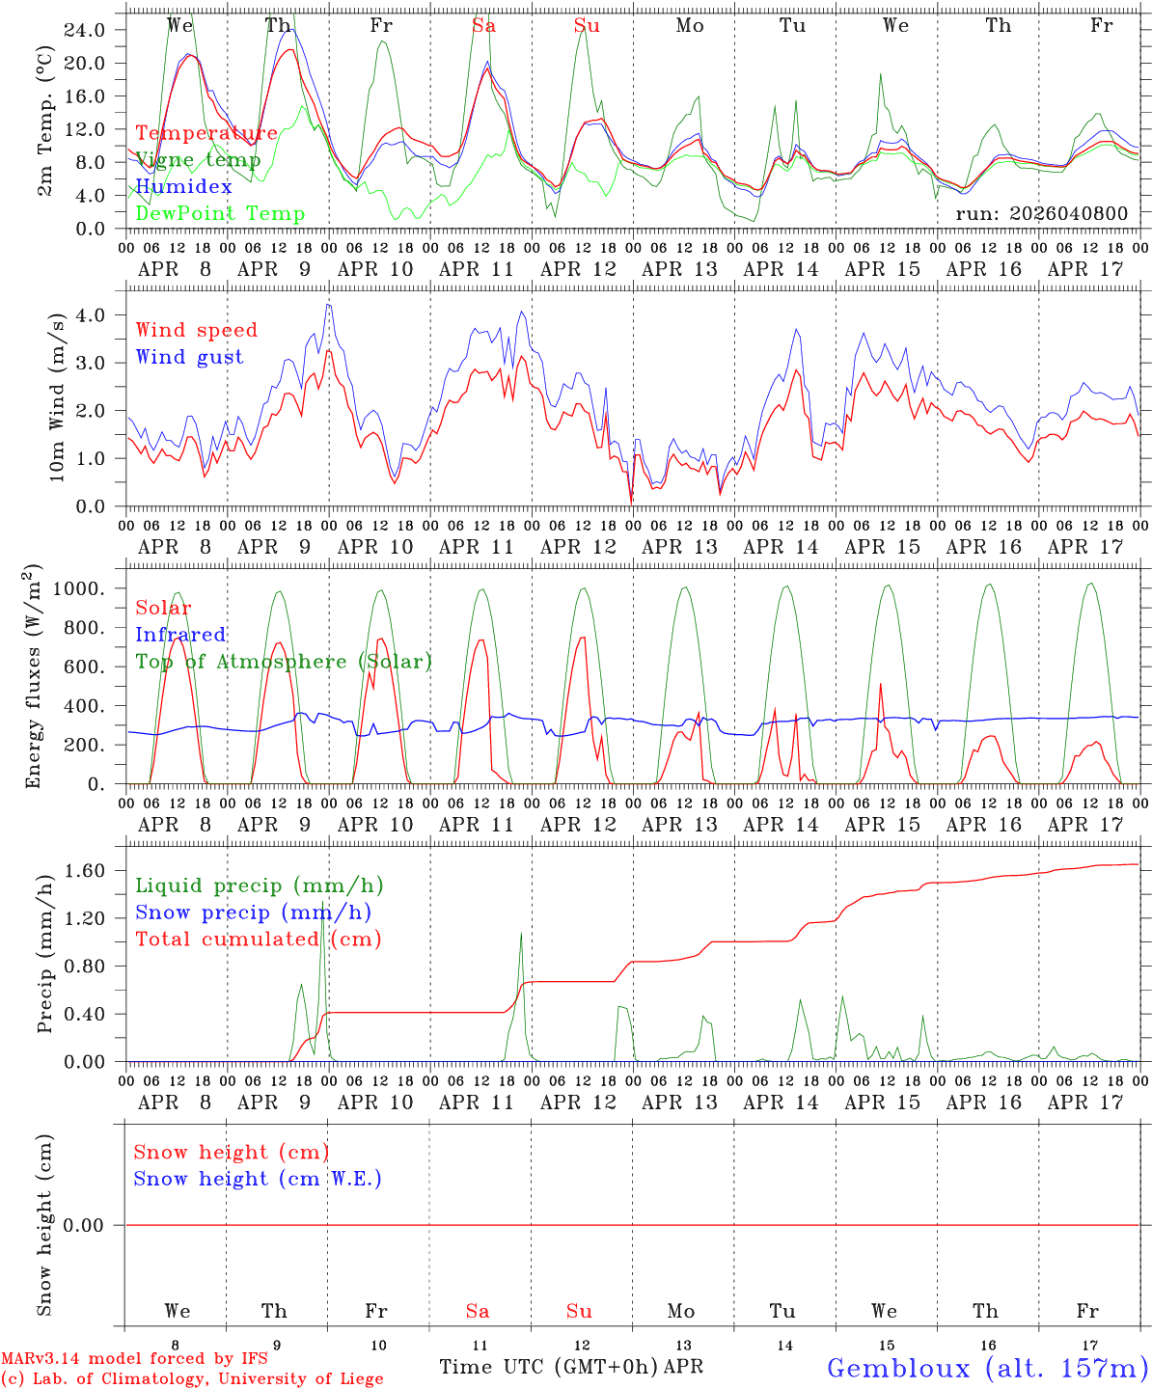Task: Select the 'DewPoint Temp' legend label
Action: tap(220, 213)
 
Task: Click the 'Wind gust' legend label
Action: tap(189, 357)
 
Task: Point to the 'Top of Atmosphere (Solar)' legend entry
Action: tap(284, 662)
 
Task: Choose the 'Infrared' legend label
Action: tap(180, 635)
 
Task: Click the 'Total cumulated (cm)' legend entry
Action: tap(258, 939)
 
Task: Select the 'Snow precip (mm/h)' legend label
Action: tap(253, 912)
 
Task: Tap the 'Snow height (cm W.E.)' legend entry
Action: tap(258, 1179)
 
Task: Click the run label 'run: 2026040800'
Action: tap(1041, 213)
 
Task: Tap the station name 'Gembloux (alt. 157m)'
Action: tap(987, 1367)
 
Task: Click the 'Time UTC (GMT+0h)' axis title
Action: tap(549, 1367)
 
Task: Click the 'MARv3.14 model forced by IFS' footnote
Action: tap(134, 1359)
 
